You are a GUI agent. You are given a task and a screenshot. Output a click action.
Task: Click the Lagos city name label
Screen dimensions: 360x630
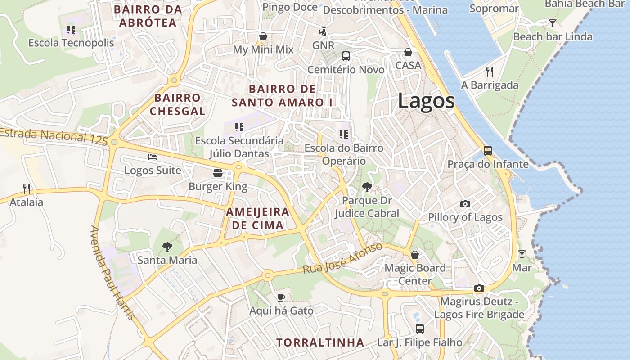click(426, 101)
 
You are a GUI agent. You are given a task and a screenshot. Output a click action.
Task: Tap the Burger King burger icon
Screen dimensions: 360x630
click(218, 173)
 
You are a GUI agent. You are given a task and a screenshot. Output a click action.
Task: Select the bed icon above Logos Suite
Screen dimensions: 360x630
click(153, 157)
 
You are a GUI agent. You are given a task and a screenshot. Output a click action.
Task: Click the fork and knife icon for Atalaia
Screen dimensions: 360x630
click(27, 189)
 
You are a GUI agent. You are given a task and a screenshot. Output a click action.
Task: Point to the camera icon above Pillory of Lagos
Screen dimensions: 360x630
click(465, 204)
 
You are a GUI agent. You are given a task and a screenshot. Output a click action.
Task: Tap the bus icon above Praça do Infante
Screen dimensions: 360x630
click(488, 150)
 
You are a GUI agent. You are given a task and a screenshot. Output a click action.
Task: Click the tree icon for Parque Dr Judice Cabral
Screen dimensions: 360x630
click(367, 187)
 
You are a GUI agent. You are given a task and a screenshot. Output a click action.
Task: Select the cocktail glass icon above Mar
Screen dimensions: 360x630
click(522, 254)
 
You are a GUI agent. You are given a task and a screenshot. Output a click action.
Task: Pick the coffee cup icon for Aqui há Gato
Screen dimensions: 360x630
click(281, 297)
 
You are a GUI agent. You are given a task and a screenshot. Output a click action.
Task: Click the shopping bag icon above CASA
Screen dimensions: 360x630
click(408, 52)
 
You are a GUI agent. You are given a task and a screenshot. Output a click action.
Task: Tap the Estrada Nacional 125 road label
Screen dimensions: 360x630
click(54, 136)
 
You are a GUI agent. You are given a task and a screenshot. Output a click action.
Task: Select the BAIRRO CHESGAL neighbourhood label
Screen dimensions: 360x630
click(177, 104)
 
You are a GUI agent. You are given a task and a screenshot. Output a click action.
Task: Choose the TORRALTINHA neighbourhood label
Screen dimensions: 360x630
click(320, 342)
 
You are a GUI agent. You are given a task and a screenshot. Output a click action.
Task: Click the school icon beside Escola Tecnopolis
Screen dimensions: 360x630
click(71, 30)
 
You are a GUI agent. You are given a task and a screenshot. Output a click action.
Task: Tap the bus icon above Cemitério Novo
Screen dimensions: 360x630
click(346, 56)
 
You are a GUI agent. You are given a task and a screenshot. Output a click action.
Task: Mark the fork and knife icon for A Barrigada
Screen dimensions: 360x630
click(490, 72)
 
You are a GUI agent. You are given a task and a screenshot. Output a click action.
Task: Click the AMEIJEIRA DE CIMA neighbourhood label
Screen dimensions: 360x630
click(258, 219)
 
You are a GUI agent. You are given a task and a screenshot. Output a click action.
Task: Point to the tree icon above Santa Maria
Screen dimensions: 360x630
click(167, 247)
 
